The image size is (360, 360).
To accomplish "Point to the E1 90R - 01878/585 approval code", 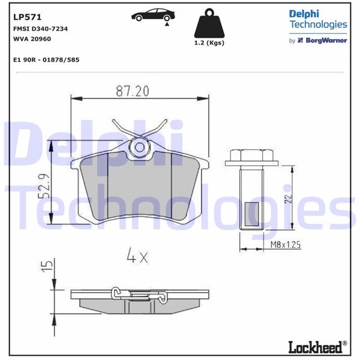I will [x=46, y=60].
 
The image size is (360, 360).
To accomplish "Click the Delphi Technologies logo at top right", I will [x=318, y=19].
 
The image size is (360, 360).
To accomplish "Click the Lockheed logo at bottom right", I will [x=318, y=347].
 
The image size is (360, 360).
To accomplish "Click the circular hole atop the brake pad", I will [x=140, y=146].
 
